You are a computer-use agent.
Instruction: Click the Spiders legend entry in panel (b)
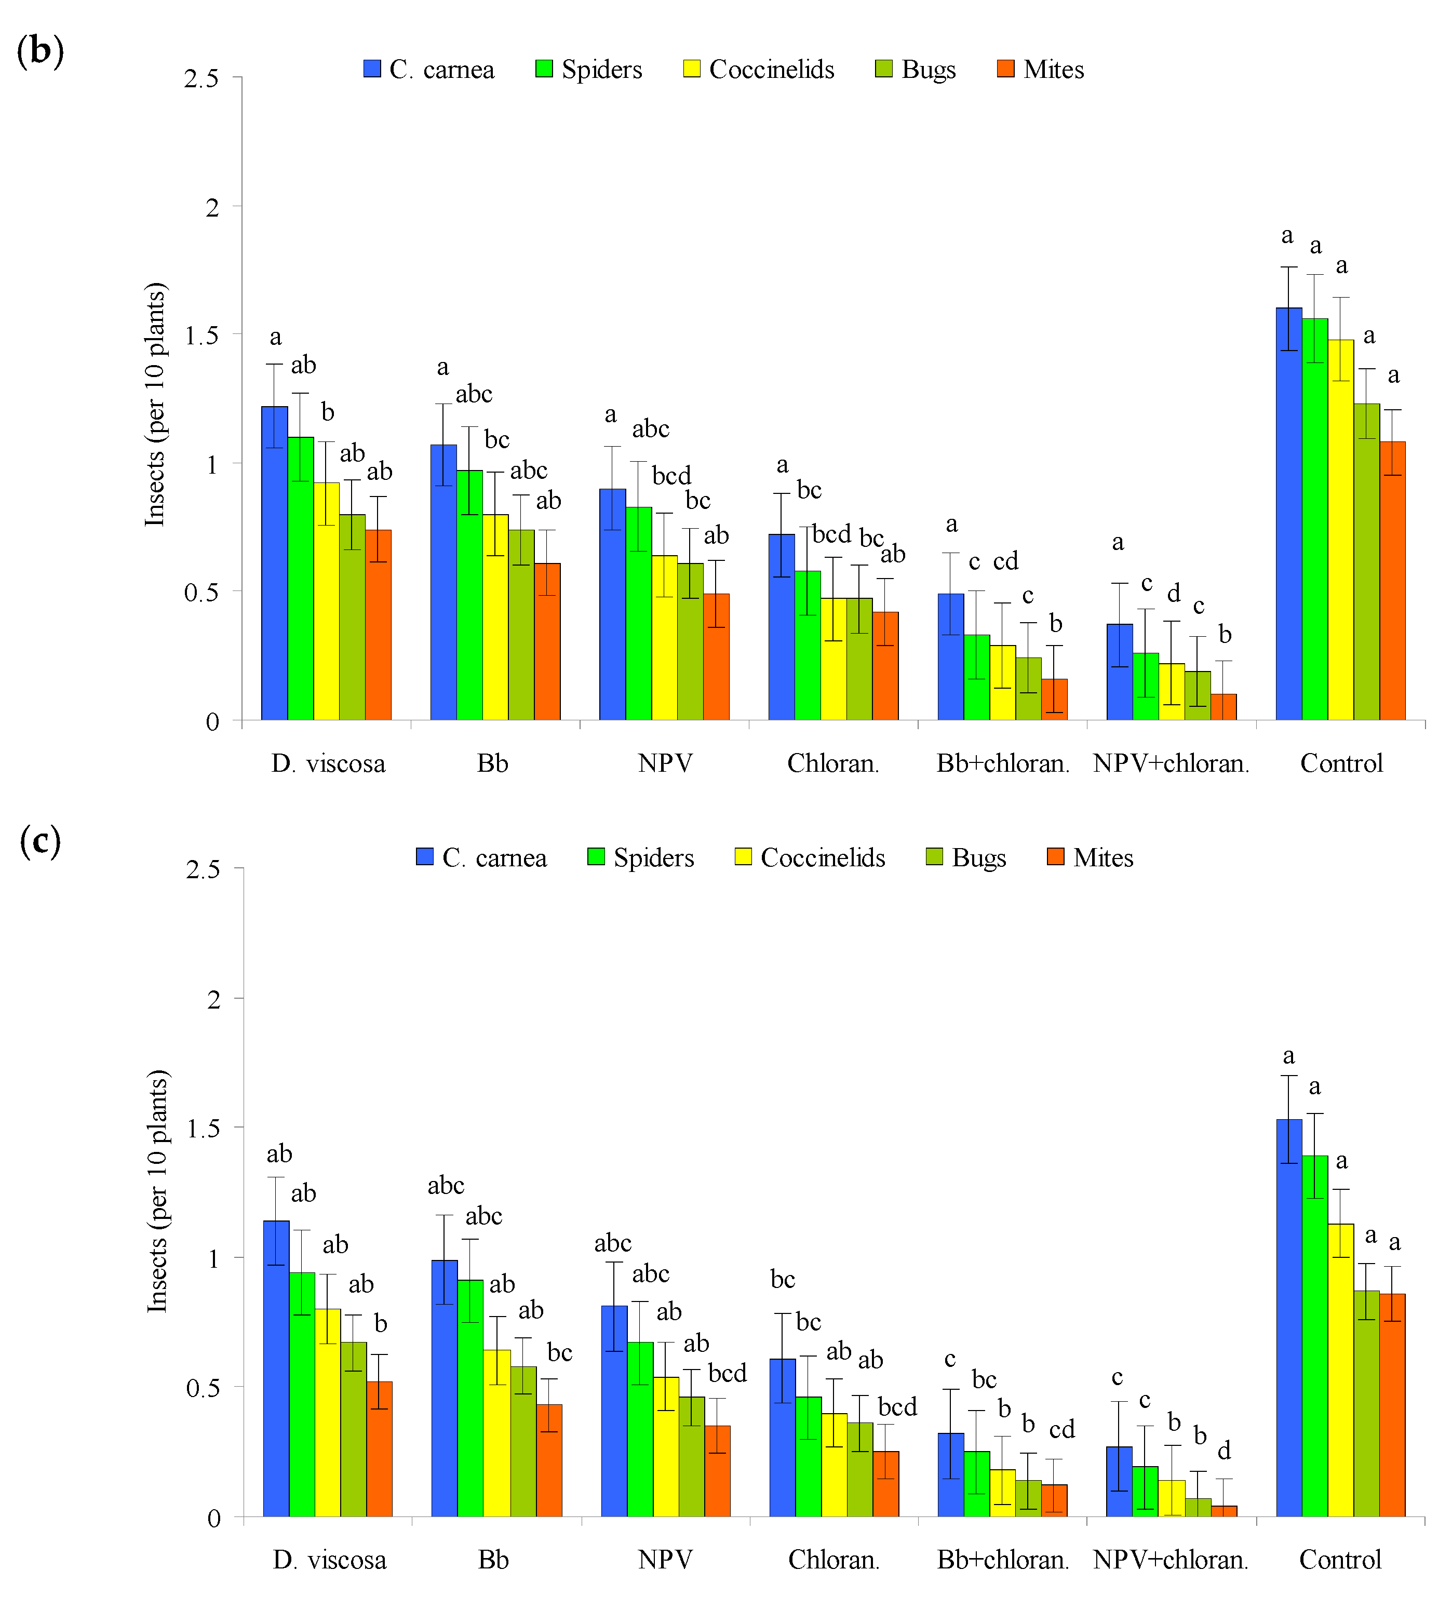click(x=589, y=70)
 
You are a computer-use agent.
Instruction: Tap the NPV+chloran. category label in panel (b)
click(x=1171, y=763)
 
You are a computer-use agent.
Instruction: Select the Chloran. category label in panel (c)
click(x=833, y=1560)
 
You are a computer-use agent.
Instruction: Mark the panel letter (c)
click(x=39, y=840)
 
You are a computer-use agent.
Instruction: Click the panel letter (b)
click(x=39, y=51)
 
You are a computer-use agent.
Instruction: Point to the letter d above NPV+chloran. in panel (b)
click(x=1173, y=593)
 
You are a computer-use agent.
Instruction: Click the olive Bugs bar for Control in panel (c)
click(x=1366, y=1403)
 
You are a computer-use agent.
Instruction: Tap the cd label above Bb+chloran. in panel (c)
click(x=1061, y=1430)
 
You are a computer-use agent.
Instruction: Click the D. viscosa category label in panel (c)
click(x=330, y=1560)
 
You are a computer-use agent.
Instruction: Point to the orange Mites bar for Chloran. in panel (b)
click(x=885, y=665)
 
